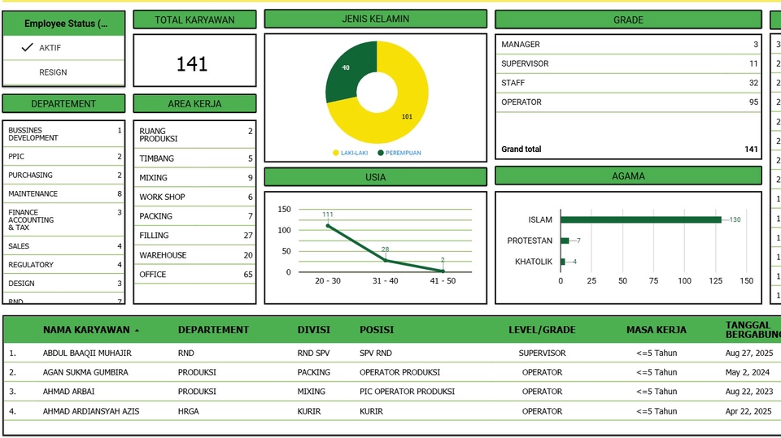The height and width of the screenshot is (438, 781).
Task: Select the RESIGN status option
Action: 53,72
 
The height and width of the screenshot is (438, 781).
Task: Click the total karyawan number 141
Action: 192,64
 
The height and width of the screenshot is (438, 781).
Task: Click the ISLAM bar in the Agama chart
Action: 640,219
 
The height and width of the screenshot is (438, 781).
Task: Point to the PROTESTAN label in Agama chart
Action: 530,241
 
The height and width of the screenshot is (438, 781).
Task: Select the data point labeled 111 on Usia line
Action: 328,225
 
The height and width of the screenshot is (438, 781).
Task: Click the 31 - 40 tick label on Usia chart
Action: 385,281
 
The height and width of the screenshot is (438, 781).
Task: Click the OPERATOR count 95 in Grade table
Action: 753,102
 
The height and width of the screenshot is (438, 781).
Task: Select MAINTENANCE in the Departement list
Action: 33,193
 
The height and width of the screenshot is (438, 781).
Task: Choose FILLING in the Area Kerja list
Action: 154,236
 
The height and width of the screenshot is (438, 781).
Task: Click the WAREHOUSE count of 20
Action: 248,255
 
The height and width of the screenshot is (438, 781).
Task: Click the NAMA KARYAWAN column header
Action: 86,330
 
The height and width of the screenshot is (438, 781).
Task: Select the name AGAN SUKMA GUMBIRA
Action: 85,372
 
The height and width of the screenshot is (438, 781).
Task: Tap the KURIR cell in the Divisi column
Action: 309,411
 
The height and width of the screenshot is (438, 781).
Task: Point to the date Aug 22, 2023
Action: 748,392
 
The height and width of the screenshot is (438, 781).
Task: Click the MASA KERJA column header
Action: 656,330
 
